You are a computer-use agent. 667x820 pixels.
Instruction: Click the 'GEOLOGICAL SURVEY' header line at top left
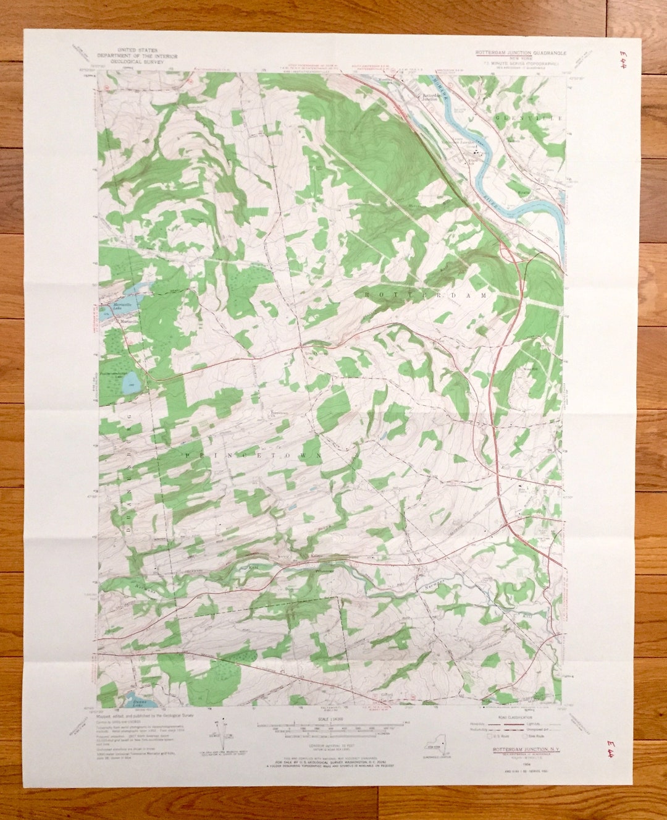(x=135, y=62)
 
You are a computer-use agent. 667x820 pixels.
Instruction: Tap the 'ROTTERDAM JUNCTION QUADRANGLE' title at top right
(x=519, y=54)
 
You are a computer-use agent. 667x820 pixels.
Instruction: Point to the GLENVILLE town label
(x=527, y=117)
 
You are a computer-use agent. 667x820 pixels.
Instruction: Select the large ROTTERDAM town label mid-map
(x=426, y=296)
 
